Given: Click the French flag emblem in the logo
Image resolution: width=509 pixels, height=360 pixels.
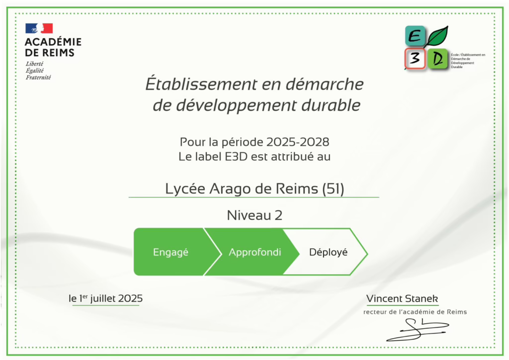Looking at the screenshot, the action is (x=39, y=28).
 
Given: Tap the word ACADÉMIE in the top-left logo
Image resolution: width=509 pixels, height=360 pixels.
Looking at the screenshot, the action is (x=53, y=42).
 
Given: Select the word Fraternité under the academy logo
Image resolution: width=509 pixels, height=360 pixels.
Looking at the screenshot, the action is (x=38, y=77).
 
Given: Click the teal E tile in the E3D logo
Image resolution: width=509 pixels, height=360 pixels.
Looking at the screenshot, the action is (x=415, y=36).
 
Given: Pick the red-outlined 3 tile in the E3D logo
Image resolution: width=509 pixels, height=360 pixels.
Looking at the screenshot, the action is (x=415, y=59).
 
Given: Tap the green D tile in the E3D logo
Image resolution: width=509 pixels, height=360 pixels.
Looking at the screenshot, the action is (x=437, y=59).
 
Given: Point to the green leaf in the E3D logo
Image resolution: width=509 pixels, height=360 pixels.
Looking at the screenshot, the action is (x=437, y=36).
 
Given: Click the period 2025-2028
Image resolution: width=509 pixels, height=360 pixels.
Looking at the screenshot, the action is (x=298, y=142).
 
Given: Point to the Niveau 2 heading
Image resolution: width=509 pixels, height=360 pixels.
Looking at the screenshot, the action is (x=254, y=215).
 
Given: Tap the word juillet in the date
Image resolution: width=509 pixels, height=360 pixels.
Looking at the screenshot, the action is (x=102, y=298).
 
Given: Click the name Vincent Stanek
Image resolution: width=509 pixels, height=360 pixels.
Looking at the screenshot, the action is (x=402, y=298).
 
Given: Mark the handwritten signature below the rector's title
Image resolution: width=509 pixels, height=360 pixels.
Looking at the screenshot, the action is (x=418, y=330).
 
